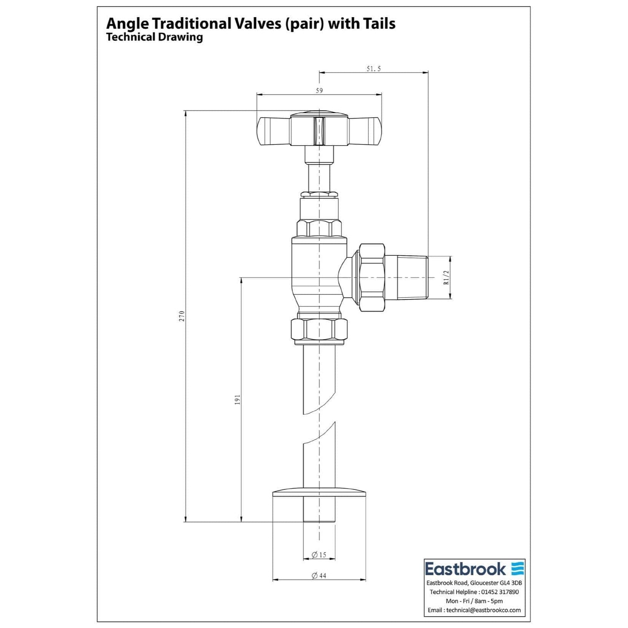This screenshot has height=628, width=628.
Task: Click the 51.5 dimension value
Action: pyautogui.click(x=374, y=69)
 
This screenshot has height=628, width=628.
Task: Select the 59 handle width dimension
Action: pyautogui.click(x=319, y=91)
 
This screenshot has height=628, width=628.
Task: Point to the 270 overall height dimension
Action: pyautogui.click(x=182, y=316)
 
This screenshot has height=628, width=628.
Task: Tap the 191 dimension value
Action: pyautogui.click(x=237, y=399)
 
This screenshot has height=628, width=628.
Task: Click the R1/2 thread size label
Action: pyautogui.click(x=446, y=277)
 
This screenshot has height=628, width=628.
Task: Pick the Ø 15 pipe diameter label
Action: pyautogui.click(x=319, y=555)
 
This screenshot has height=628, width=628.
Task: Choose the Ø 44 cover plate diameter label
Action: pyautogui.click(x=319, y=576)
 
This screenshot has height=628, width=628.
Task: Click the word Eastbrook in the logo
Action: pyautogui.click(x=466, y=569)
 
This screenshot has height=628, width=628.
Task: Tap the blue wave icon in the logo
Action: pyautogui.click(x=518, y=569)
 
